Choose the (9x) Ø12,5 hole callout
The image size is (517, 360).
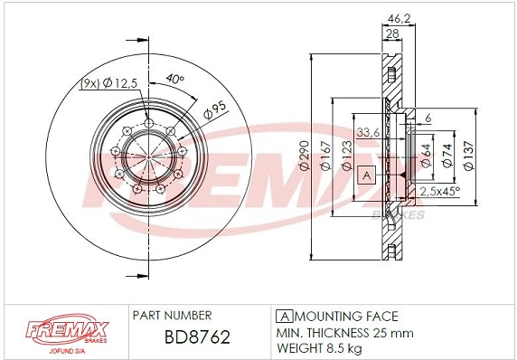(108, 84)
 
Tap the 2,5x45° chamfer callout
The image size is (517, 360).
(438, 191)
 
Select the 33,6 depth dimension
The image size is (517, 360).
(368, 134)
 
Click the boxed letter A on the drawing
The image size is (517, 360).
(366, 174)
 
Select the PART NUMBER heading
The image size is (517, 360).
(172, 316)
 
